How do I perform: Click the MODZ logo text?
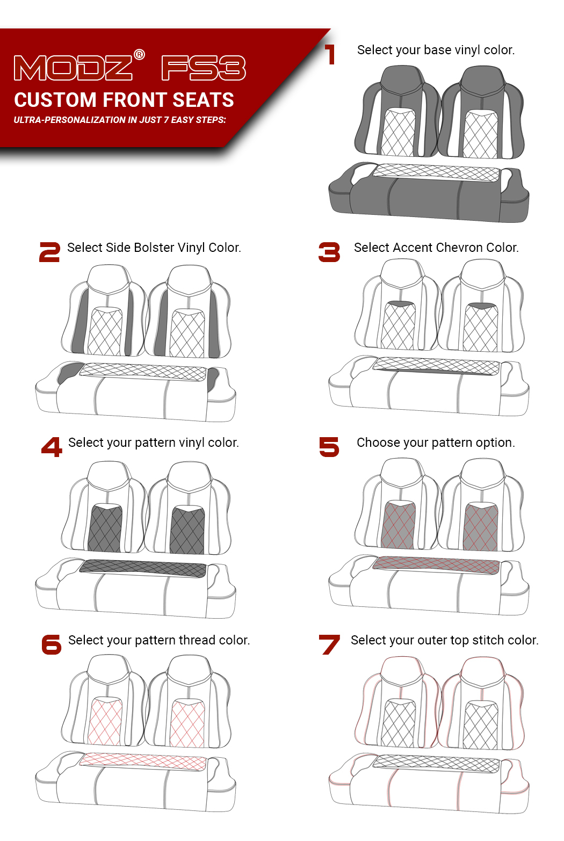point(73,68)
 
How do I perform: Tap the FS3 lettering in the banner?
point(204,68)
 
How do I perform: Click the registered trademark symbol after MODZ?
point(139,55)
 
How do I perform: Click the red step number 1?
point(330,54)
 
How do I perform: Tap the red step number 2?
point(49,252)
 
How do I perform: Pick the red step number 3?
point(329,252)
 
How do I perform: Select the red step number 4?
point(52,447)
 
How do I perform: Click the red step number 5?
point(329,447)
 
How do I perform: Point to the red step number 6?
point(52,644)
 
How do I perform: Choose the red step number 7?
point(329,644)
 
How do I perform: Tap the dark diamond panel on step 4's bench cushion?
point(143,568)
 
